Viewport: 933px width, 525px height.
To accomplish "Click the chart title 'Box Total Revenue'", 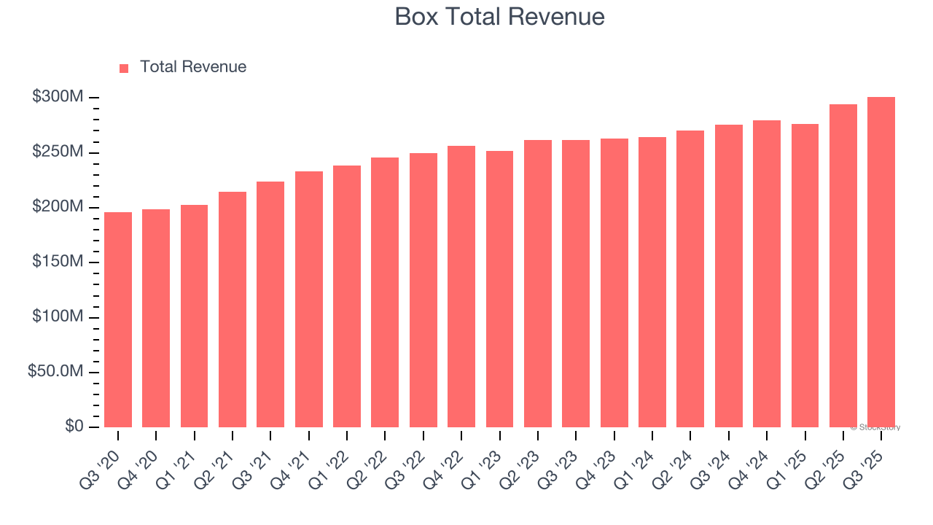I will pyautogui.click(x=499, y=17).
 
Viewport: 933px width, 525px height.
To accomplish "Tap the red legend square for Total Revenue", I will pyautogui.click(x=124, y=68).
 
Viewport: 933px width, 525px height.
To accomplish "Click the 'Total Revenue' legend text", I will pyautogui.click(x=193, y=67).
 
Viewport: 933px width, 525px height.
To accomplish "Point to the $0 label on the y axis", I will pyautogui.click(x=74, y=427).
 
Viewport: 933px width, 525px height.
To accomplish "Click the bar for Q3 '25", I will pyautogui.click(x=881, y=262).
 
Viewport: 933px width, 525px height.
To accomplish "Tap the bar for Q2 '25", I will pyautogui.click(x=843, y=266).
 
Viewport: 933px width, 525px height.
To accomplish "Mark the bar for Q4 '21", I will pyautogui.click(x=309, y=299).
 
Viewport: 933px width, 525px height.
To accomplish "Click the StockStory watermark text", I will pyautogui.click(x=875, y=427).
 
